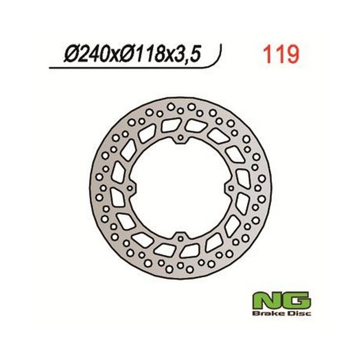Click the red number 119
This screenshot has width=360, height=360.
[x=281, y=54]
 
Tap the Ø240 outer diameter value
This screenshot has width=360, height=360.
[x=86, y=54]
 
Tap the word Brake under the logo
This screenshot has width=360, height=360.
[x=266, y=313]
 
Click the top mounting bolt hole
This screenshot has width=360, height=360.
[x=180, y=137]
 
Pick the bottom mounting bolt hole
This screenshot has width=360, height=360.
[x=180, y=238]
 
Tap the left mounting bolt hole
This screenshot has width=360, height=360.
[x=130, y=188]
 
